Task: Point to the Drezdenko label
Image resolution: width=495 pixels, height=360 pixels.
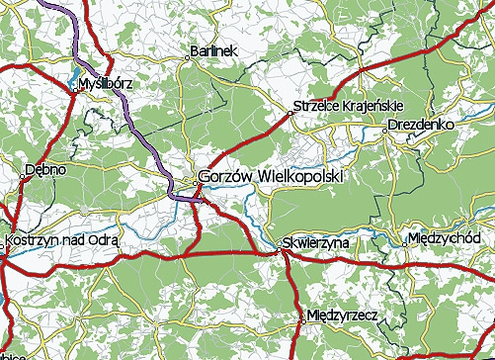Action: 420,126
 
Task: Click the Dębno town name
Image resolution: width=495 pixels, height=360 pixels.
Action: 46,169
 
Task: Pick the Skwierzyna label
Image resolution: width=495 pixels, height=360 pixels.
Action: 312,241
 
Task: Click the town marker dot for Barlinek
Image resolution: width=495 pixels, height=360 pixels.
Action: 187,57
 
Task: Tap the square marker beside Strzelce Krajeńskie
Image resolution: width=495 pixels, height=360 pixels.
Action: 289,114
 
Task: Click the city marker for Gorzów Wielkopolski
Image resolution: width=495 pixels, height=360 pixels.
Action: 194,180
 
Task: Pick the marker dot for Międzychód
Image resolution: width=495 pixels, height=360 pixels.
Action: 406,240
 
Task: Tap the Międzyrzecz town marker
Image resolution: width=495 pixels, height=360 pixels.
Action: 302,318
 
